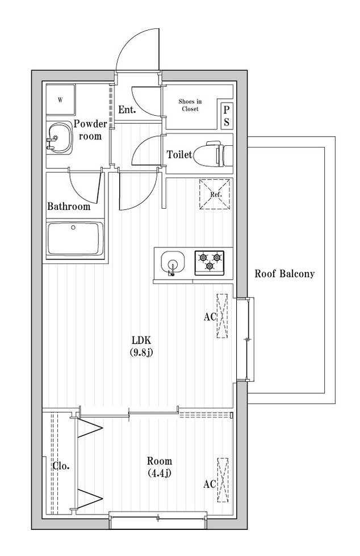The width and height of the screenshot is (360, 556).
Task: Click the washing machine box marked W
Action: click(60, 100)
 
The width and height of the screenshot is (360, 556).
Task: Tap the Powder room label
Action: click(90, 130)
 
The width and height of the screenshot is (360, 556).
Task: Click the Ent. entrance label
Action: click(127, 109)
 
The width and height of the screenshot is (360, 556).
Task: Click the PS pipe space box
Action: click(226, 116)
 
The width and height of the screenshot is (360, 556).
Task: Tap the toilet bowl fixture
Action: click(212, 153)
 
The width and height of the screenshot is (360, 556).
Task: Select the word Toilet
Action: click(178, 154)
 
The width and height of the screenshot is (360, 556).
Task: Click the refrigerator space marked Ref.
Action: click(215, 193)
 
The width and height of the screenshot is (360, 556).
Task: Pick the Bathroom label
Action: click(69, 207)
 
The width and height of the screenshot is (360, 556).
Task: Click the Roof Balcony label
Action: click(284, 273)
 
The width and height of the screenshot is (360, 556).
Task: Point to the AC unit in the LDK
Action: click(221, 317)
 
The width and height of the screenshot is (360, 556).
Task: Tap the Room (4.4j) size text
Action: click(159, 466)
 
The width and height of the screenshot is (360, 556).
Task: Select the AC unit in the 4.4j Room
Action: click(223, 479)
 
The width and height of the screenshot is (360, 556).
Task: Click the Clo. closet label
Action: click(61, 466)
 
